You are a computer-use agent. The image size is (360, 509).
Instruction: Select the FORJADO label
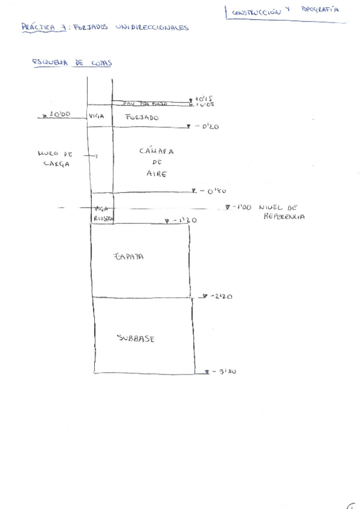[x=142, y=118]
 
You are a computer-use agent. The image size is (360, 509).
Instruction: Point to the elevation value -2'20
[x=221, y=297]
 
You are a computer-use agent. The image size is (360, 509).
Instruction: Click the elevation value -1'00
[x=242, y=207]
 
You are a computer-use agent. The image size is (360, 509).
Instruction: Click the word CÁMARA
[x=156, y=151]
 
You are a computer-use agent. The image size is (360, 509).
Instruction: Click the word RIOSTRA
[x=103, y=218]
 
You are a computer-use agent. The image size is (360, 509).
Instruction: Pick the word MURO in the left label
[x=48, y=154]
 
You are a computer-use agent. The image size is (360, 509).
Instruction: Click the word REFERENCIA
[x=284, y=217]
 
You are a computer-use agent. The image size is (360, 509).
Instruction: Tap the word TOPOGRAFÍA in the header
[x=320, y=10]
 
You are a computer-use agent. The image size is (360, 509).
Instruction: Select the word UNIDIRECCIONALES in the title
[x=149, y=28]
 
